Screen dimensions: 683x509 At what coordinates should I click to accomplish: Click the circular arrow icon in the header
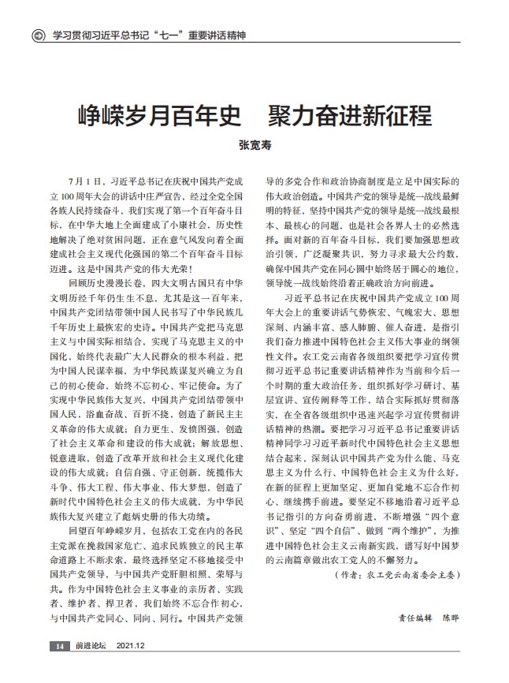point(37,35)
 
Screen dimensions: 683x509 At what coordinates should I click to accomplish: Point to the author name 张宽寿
point(254,147)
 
